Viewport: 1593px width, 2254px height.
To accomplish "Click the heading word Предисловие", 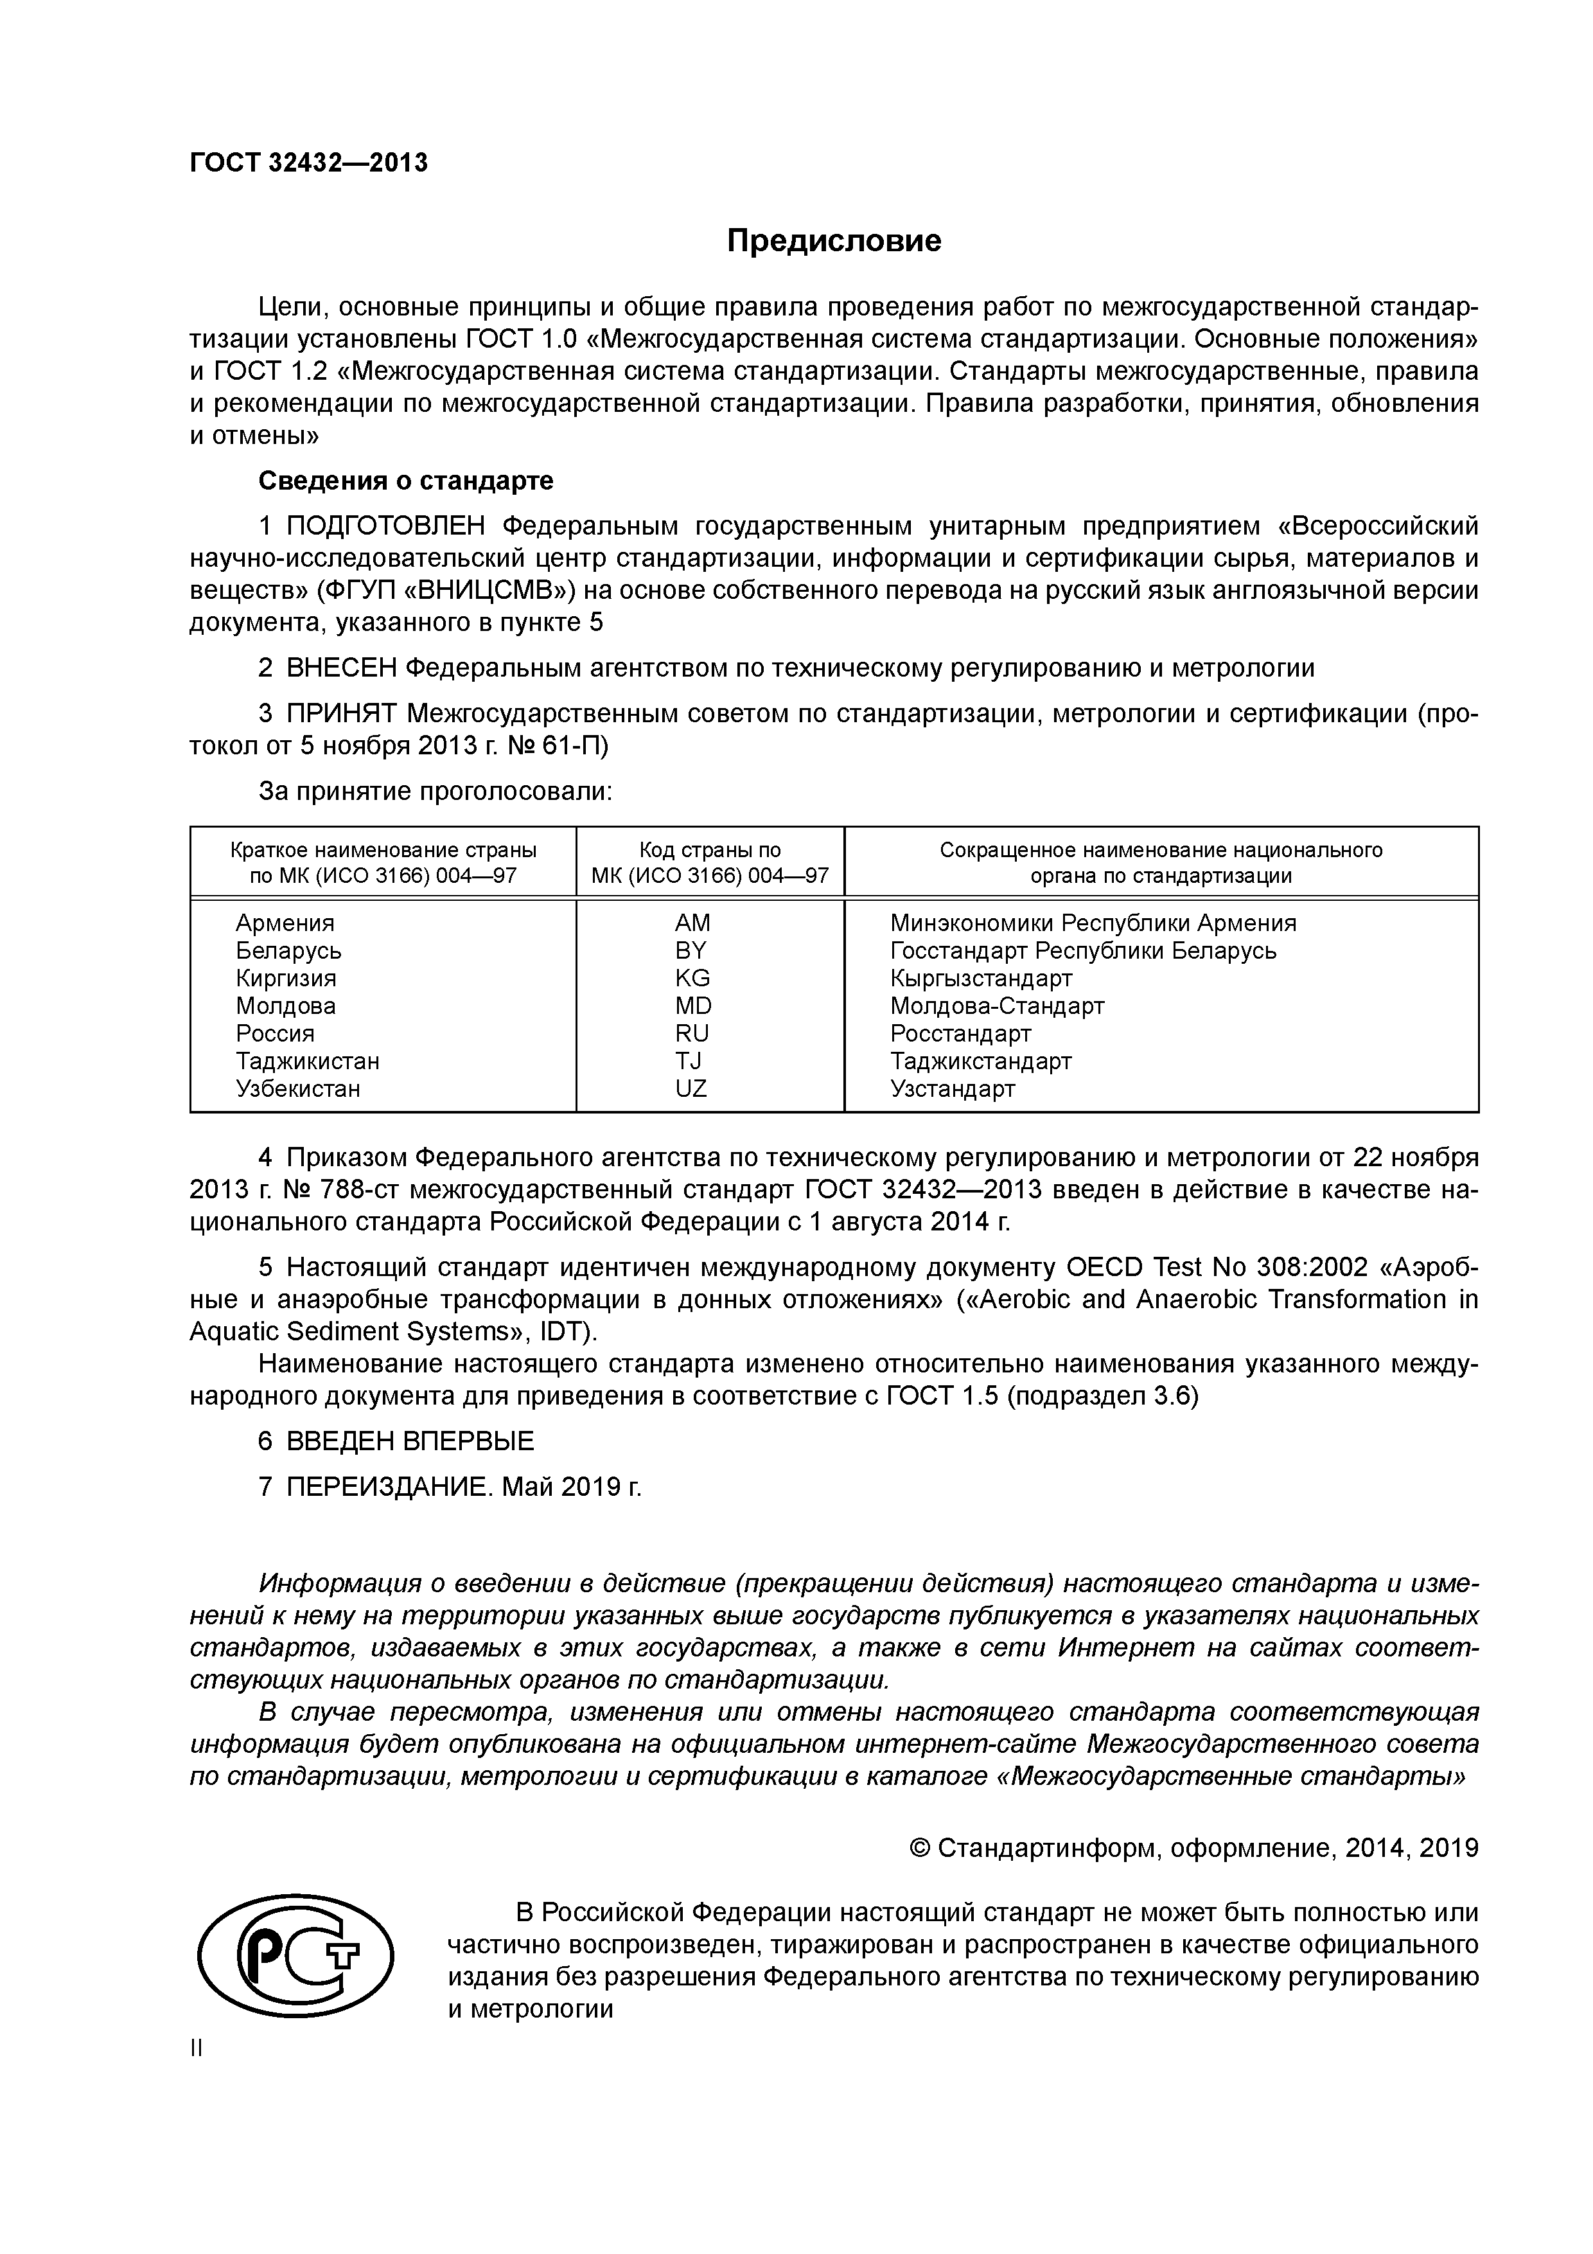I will pos(833,242).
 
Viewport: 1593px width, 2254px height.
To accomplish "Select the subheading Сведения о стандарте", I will pos(405,481).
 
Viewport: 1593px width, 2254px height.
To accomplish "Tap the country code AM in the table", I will pos(692,923).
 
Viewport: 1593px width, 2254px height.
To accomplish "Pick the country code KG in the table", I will pos(692,978).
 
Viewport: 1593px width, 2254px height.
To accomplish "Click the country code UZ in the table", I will pos(691,1088).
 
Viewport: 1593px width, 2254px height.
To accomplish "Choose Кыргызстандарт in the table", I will pos(981,979).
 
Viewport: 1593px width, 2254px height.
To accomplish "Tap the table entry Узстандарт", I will pos(952,1088).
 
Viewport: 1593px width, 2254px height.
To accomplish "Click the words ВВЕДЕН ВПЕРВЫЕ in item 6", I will pos(410,1441).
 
